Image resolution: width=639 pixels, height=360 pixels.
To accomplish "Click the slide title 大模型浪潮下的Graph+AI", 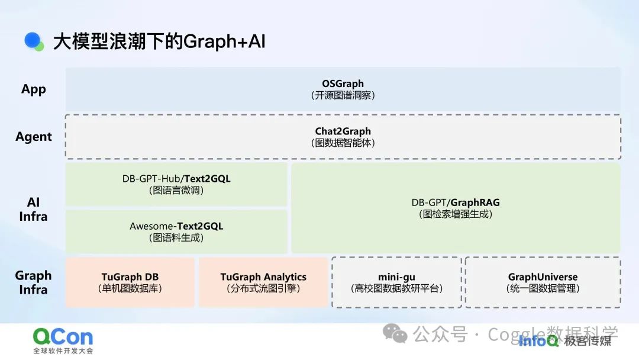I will click(x=159, y=41).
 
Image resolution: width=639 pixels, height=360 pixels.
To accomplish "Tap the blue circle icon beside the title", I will click(x=33, y=40).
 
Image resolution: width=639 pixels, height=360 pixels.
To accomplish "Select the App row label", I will click(x=34, y=89).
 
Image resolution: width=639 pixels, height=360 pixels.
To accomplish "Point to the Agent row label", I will click(x=34, y=137).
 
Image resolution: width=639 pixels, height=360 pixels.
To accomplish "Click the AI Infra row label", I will click(x=33, y=210).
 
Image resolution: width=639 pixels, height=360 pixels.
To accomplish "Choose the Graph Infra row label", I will click(x=33, y=282).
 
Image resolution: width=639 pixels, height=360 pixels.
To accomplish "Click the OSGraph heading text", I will click(x=343, y=83).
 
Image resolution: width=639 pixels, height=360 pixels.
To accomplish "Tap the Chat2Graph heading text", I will click(x=343, y=131).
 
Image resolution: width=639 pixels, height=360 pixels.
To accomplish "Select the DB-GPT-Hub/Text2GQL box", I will click(x=176, y=184).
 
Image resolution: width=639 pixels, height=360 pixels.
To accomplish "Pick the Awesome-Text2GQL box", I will click(x=176, y=232).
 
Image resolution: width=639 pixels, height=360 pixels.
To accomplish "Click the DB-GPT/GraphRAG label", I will click(x=456, y=202).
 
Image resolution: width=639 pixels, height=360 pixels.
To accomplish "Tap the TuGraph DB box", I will click(x=130, y=282).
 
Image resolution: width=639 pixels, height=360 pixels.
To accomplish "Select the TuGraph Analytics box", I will click(x=263, y=282).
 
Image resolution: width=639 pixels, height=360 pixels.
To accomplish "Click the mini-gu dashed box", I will click(x=396, y=282).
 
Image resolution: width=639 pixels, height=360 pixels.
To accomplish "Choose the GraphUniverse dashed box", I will click(x=543, y=282).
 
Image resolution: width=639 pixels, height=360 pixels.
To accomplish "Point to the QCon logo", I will click(x=63, y=337).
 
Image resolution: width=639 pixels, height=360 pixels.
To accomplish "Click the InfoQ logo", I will click(x=538, y=340).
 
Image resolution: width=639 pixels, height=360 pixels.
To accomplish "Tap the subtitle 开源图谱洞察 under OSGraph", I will click(x=343, y=95).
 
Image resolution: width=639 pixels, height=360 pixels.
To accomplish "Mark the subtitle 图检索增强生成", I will click(x=456, y=214).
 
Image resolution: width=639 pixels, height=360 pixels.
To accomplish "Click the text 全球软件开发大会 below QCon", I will click(x=63, y=351).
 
